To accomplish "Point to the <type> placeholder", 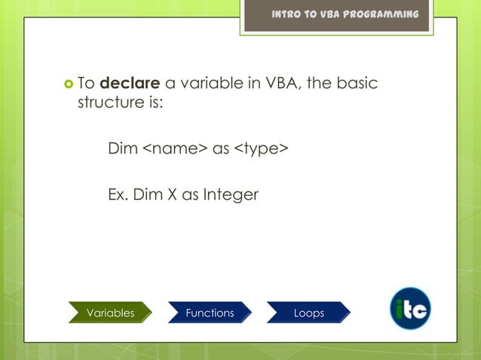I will point(261,149).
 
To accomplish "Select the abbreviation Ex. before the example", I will point(118,195).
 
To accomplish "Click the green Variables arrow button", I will point(110,313).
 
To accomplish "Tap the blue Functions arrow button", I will point(210,313).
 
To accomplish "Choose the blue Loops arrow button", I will point(308,313).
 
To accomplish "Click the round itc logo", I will point(411,309).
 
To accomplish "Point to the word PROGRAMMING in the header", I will point(380,15).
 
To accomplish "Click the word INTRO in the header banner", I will point(289,15).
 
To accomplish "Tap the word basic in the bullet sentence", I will point(356,84).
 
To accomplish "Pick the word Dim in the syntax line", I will point(123,149).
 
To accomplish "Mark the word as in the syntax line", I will point(221,149).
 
